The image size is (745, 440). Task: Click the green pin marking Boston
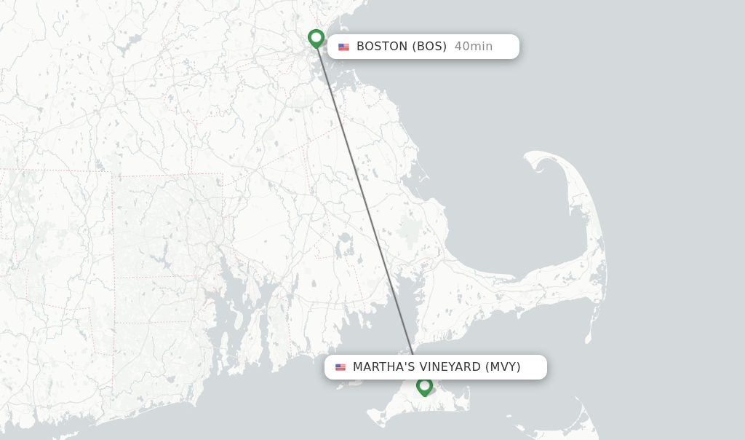tap(316, 37)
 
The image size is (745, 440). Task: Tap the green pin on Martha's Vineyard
tap(424, 385)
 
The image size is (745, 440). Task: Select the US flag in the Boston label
tap(343, 47)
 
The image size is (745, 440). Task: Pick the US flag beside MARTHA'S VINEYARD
tap(340, 367)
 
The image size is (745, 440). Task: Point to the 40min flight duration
tap(473, 47)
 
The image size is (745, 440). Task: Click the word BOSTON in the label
tap(382, 47)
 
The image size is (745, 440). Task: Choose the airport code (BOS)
tap(429, 47)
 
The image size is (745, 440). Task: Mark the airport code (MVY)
tap(503, 367)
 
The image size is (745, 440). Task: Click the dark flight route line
tap(364, 197)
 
